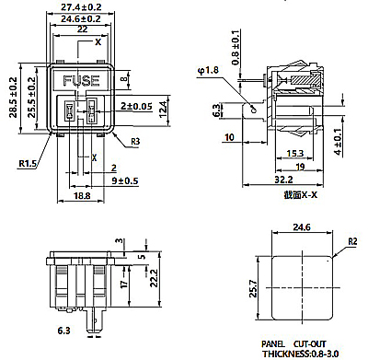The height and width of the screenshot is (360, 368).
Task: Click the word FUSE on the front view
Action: pyautogui.click(x=81, y=81)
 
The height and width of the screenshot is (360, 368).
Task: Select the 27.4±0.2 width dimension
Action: pyautogui.click(x=81, y=6)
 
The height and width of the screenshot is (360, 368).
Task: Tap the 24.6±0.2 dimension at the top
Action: pyautogui.click(x=81, y=18)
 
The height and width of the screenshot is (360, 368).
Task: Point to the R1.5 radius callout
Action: pyautogui.click(x=28, y=163)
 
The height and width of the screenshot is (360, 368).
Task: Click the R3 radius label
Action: pyautogui.click(x=135, y=142)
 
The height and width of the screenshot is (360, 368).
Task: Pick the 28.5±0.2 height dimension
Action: pyautogui.click(x=14, y=98)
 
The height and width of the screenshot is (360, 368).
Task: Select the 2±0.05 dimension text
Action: pyautogui.click(x=136, y=106)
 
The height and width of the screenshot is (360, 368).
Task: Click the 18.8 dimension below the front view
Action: pyautogui.click(x=82, y=195)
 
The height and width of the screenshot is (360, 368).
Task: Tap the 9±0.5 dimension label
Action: pyautogui.click(x=124, y=180)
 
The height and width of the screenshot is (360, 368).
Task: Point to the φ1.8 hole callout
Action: pyautogui.click(x=208, y=70)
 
